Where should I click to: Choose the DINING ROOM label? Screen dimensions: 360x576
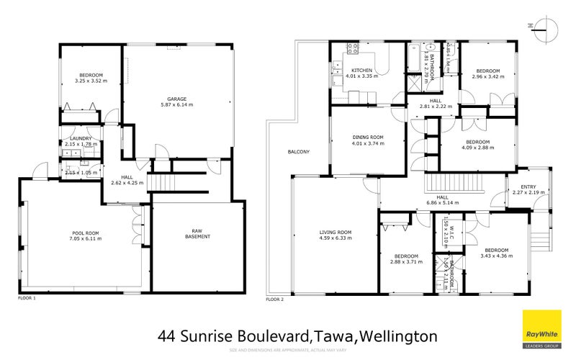click(367, 137)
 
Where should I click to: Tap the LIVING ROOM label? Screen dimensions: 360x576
click(334, 232)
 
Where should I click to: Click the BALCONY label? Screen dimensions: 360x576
click(298, 151)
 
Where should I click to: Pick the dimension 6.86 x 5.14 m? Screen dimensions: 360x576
click(443, 204)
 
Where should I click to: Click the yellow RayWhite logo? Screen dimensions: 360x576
click(541, 328)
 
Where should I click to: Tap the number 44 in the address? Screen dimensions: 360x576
click(166, 336)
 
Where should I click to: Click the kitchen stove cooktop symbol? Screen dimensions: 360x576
click(354, 50)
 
